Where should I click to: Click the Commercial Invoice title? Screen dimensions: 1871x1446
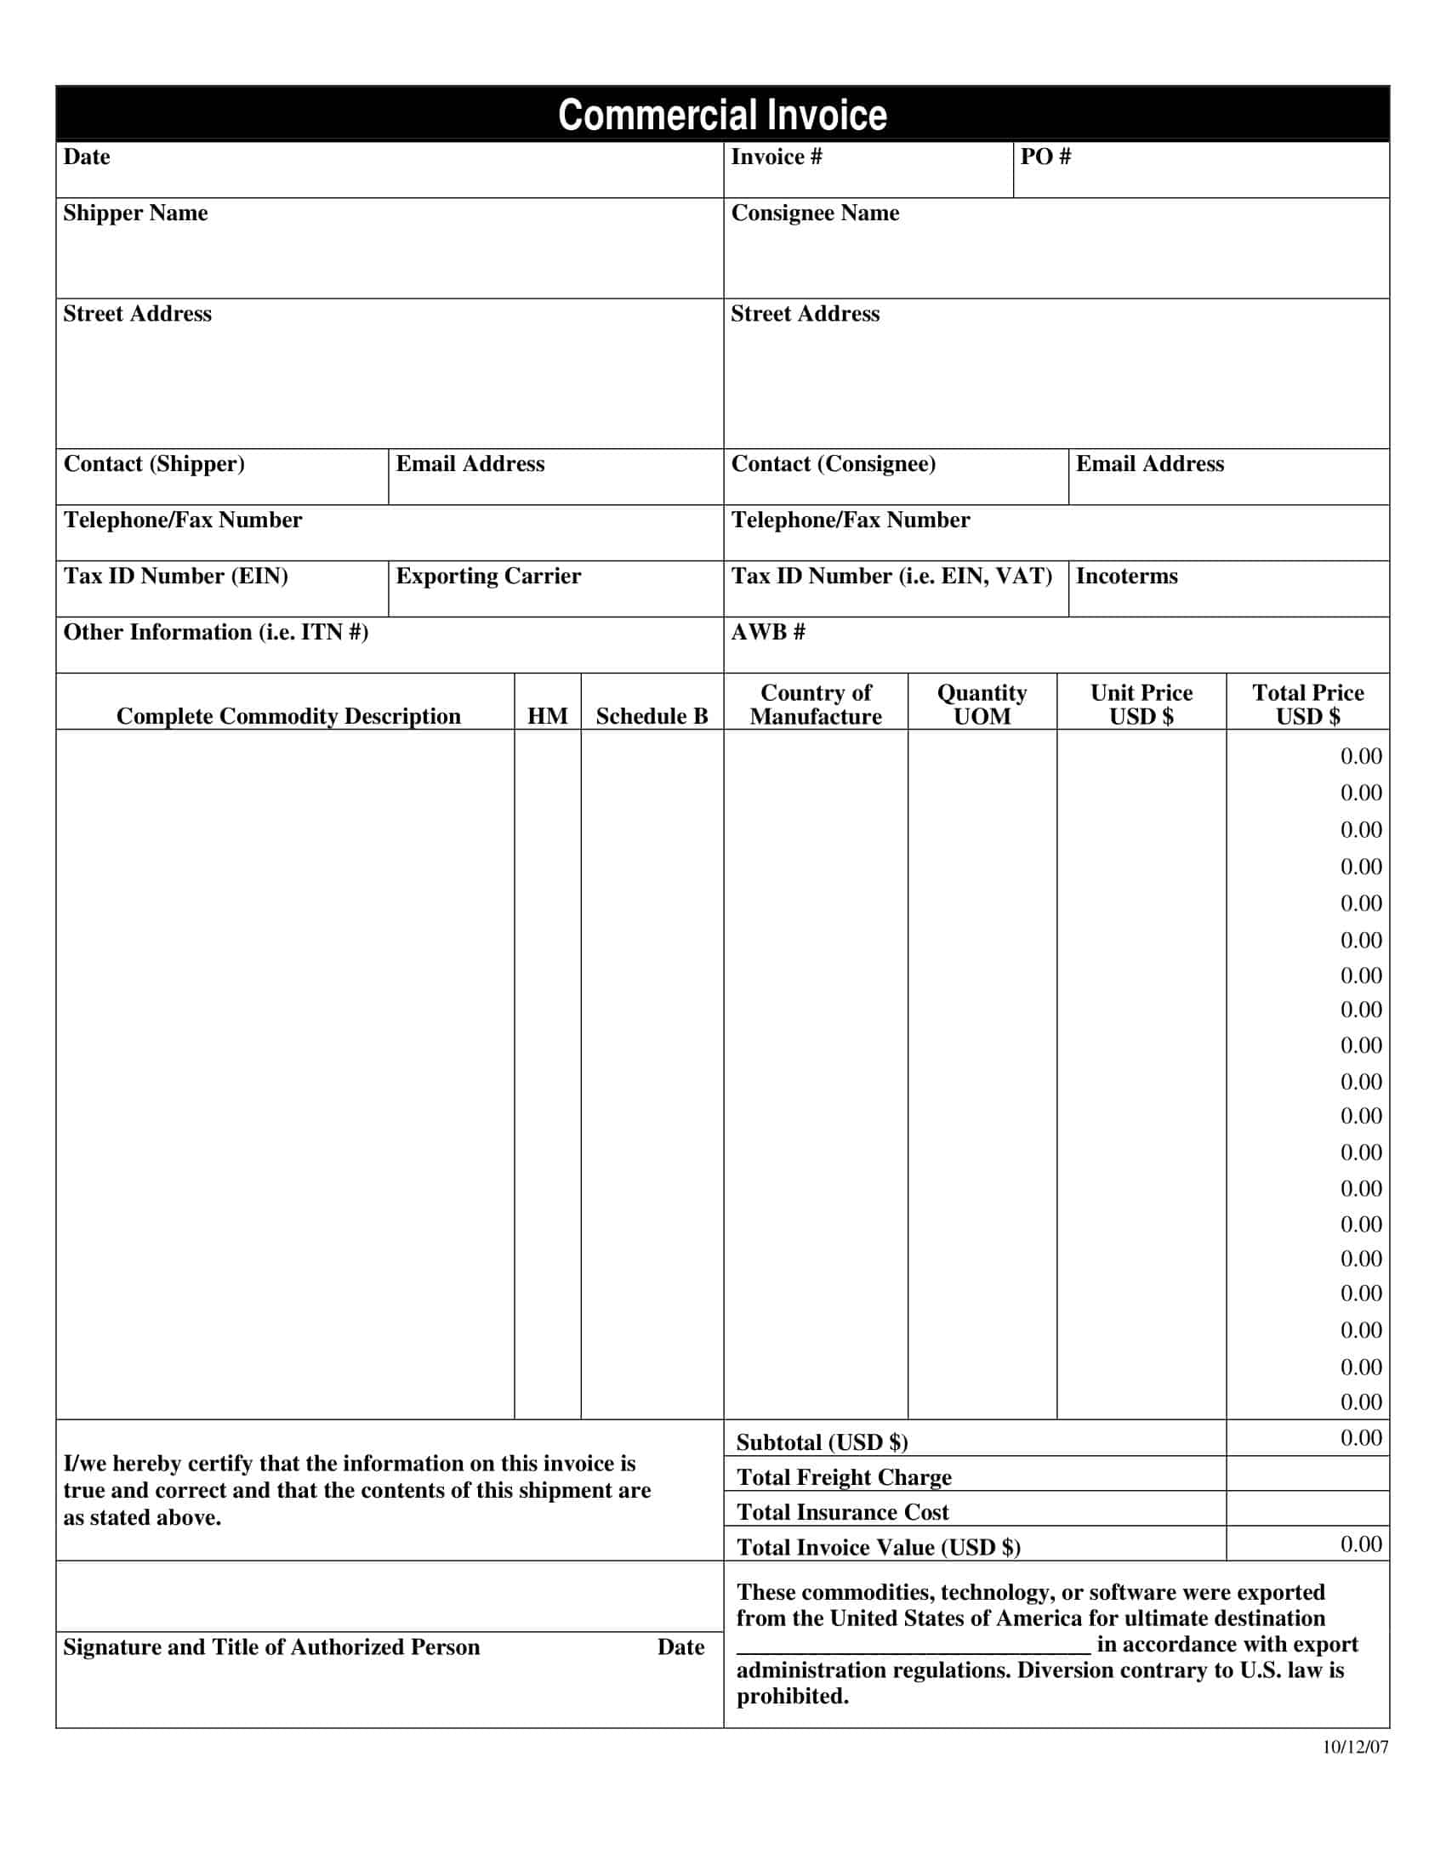722,115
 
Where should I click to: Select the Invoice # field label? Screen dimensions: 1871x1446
776,156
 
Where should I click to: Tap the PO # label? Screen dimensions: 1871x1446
1045,156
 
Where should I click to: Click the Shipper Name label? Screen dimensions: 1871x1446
135,213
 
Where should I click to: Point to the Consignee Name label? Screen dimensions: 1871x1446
815,213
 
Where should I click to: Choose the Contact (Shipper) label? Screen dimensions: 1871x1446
154,464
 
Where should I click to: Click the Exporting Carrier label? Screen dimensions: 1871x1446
488,577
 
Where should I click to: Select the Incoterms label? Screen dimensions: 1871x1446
1126,577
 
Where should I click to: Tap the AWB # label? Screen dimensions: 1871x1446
767,632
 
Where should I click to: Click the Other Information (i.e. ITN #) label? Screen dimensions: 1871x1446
216,632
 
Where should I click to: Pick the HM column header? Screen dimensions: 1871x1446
548,716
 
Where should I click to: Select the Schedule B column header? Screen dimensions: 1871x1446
652,716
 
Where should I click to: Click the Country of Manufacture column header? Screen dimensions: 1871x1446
816,704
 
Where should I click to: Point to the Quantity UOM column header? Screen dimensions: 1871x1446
982,704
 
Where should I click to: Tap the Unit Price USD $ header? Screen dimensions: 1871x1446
1141,704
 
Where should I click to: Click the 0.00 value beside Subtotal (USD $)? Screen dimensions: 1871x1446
1360,1438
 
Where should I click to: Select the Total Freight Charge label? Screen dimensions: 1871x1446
844,1477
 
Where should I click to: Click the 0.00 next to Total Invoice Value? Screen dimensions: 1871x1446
1360,1544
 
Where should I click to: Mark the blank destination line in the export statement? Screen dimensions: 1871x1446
914,1646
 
